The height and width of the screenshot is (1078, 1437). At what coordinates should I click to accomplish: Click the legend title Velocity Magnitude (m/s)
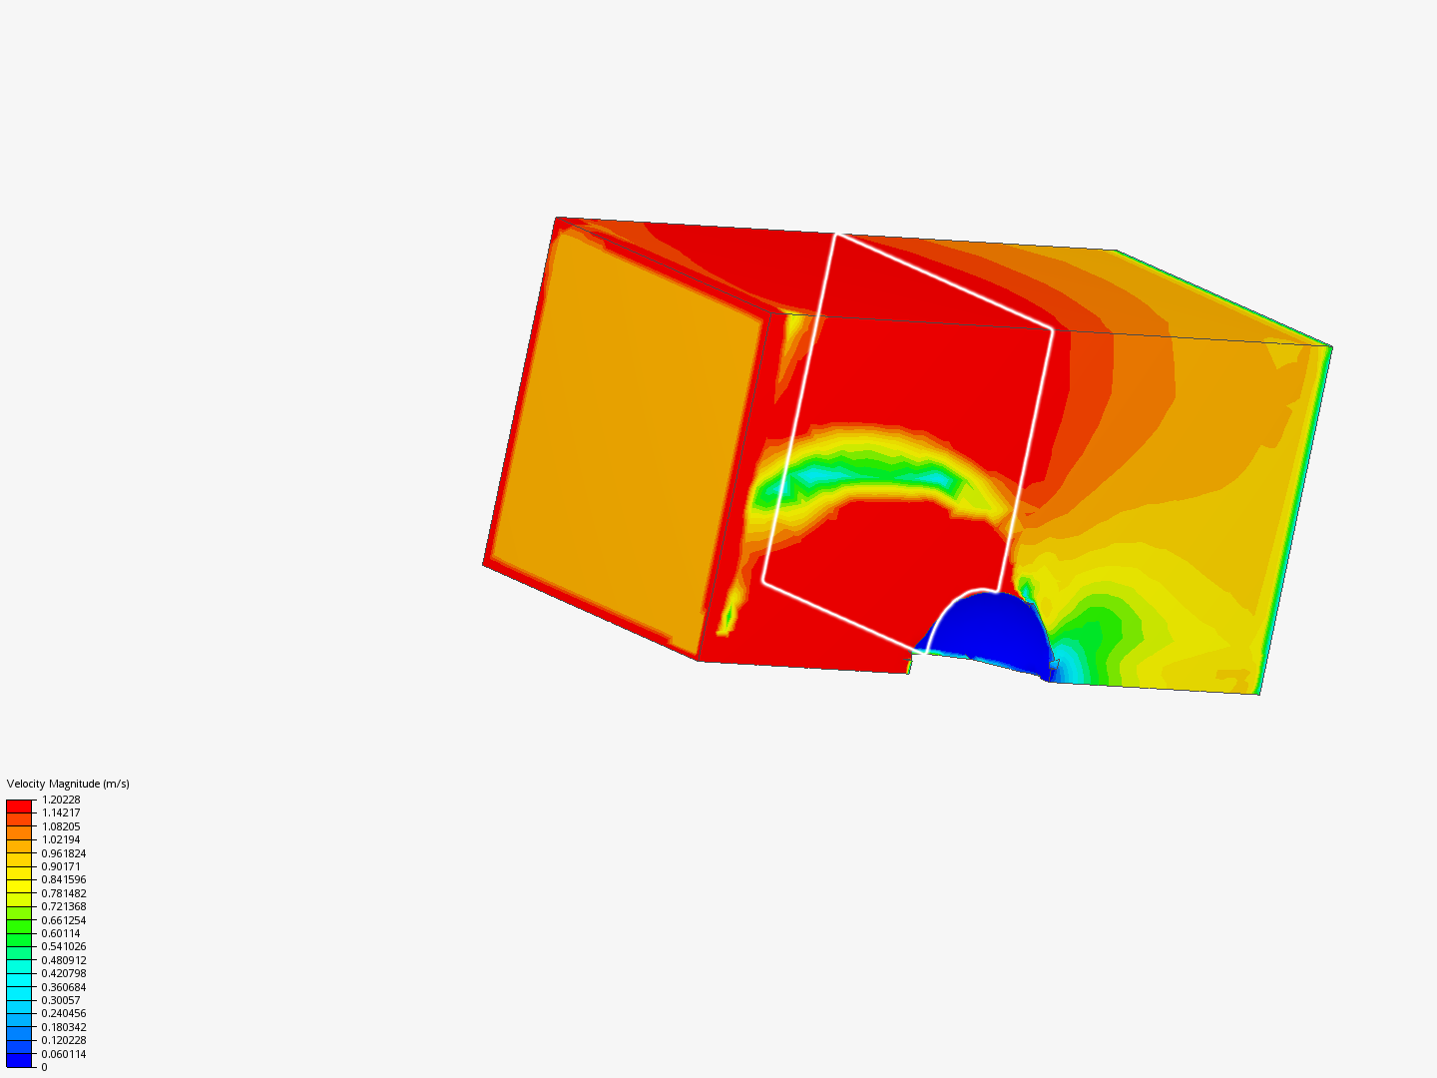[68, 784]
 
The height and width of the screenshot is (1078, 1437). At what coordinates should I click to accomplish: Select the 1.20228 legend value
[61, 800]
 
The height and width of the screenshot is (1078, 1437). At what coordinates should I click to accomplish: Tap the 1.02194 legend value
[61, 839]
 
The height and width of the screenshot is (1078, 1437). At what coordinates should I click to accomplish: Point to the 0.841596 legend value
[64, 879]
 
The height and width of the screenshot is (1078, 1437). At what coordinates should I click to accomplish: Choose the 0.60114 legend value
[61, 933]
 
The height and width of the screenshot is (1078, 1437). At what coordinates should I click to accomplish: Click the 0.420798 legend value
[64, 973]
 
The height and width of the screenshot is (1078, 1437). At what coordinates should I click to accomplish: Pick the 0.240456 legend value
[64, 1013]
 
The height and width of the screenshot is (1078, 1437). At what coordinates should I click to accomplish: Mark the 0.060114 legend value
[64, 1054]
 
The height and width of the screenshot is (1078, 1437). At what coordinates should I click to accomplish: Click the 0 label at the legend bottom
[44, 1067]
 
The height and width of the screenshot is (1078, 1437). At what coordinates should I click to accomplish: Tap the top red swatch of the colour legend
[19, 806]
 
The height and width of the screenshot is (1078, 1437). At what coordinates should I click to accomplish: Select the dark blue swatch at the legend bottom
[19, 1060]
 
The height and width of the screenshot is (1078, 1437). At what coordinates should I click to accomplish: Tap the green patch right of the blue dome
[1098, 639]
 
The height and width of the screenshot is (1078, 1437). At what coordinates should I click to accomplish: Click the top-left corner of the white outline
[836, 235]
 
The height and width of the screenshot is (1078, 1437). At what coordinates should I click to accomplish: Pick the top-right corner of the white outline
[1053, 327]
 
